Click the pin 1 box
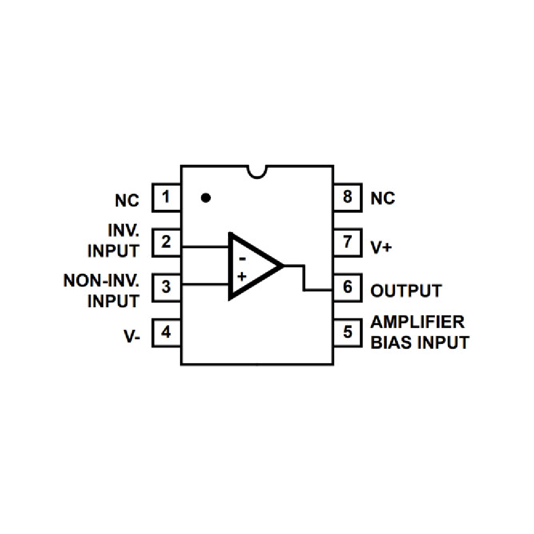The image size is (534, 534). [166, 198]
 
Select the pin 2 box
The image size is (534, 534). [166, 242]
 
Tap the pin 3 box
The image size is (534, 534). [166, 287]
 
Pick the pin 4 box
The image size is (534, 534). [166, 332]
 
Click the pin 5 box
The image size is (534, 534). [348, 332]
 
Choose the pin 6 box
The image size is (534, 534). [348, 287]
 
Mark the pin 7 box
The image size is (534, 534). [348, 242]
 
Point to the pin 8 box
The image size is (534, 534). [348, 198]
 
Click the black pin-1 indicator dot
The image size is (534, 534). [206, 198]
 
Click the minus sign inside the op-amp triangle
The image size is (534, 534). [242, 260]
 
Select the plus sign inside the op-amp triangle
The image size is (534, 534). [242, 276]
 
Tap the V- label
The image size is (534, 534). [131, 336]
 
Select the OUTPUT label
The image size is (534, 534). [406, 291]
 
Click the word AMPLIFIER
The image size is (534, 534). [418, 322]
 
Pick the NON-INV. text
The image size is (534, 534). [101, 280]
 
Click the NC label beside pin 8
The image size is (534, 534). [383, 199]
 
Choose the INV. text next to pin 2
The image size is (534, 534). [122, 231]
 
